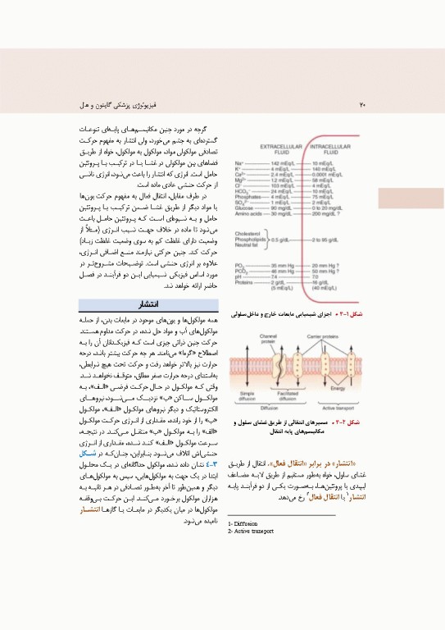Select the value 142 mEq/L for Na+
point(281,164)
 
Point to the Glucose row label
point(245,208)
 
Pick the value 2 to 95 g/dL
point(328,239)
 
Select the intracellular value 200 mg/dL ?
point(328,212)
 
